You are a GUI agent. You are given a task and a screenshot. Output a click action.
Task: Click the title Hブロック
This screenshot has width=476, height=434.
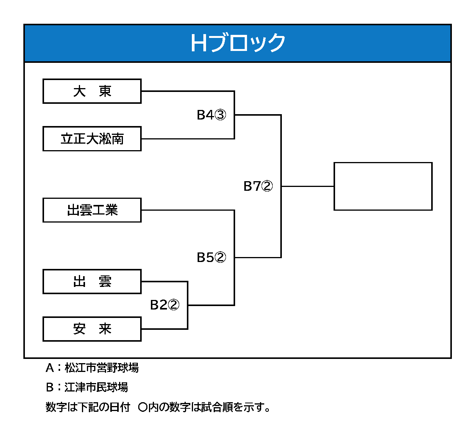238,43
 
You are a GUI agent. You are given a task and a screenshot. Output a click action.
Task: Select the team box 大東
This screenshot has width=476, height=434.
92,91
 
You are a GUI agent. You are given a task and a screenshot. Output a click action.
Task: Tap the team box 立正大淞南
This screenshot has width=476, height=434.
92,139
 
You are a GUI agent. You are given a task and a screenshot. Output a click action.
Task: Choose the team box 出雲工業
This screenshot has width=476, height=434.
92,210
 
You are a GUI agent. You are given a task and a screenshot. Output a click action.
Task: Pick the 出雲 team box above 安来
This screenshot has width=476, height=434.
92,282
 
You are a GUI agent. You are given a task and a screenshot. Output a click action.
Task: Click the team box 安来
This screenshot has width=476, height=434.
92,329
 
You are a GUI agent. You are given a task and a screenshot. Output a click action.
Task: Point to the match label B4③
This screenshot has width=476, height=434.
211,115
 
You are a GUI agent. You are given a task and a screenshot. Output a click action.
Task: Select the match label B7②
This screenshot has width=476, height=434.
258,186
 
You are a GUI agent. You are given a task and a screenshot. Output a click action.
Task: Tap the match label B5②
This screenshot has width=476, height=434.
211,257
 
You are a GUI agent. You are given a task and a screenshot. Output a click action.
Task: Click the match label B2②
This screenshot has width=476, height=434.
165,305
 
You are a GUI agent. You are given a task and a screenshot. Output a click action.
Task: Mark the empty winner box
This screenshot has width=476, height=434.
383,187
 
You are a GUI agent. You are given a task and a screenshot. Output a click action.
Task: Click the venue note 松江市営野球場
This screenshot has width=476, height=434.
102,368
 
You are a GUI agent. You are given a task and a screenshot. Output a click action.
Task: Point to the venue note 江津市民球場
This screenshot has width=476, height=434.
97,387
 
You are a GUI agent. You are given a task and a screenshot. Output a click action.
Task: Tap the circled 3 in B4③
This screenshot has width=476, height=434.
221,115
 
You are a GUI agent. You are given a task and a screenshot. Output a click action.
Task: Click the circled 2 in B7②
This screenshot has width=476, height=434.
267,186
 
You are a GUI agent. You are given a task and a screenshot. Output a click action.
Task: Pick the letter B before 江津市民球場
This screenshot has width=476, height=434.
50,388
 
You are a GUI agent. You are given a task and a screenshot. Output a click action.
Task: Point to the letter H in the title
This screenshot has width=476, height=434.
199,43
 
